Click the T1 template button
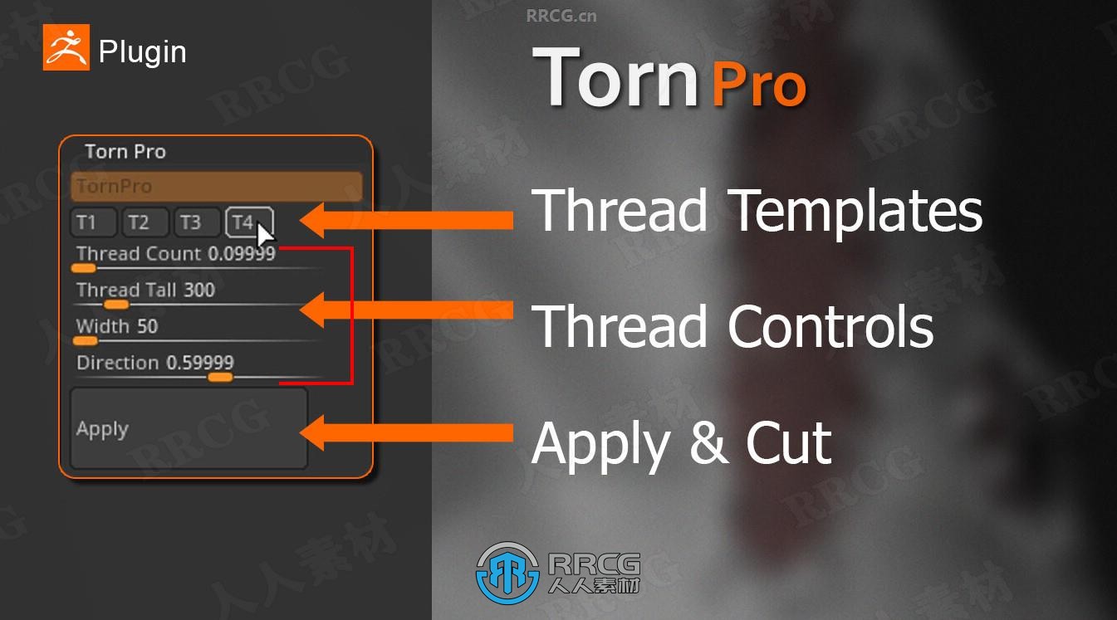click(x=93, y=222)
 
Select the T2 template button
click(x=145, y=222)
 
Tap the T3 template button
click(x=197, y=222)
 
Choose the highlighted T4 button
click(x=249, y=222)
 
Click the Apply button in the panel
click(x=189, y=428)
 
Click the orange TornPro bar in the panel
click(x=217, y=187)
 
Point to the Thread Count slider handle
click(x=83, y=269)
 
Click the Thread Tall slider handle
click(x=116, y=305)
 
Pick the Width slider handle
click(x=86, y=341)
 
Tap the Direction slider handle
click(x=220, y=378)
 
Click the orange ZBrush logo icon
click(x=66, y=47)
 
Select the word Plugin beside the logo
click(x=143, y=51)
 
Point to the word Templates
click(x=857, y=211)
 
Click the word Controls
click(x=830, y=326)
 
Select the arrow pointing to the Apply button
click(x=406, y=432)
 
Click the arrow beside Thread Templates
click(x=406, y=220)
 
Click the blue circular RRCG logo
click(x=507, y=574)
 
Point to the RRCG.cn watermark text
click(x=561, y=16)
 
